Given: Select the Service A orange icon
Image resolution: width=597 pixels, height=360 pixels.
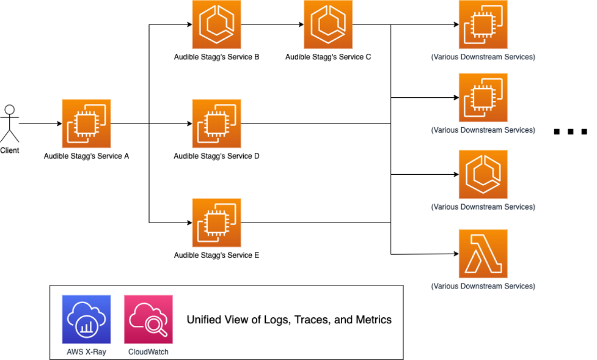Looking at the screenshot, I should pos(86,124).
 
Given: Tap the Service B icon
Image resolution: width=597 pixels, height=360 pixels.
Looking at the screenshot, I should pos(216,25).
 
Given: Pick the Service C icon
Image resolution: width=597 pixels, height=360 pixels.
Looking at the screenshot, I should pos(328,25).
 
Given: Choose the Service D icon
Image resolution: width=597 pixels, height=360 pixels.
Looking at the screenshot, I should pos(216,124).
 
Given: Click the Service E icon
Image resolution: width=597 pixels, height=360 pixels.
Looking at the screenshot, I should pos(216,223).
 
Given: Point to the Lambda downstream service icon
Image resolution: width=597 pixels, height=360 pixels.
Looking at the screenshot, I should pos(483,254).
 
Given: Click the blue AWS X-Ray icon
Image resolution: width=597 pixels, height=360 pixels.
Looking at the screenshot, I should pos(86,319).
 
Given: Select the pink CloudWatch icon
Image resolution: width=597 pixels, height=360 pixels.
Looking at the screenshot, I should pos(148,319).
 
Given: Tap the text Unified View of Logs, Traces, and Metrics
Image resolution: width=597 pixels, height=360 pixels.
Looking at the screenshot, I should pos(288,320).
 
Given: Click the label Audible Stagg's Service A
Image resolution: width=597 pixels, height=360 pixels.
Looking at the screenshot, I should pos(86,156).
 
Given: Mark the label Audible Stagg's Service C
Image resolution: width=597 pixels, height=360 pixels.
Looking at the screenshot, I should pos(328,57).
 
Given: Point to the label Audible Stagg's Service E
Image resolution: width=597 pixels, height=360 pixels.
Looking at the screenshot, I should pos(216,255).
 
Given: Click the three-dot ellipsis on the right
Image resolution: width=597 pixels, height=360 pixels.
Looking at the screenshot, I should pos(570,131).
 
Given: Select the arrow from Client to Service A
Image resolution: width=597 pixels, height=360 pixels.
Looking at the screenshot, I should pos(40,124).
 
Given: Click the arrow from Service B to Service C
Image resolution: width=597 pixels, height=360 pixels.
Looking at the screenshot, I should pos(272,25).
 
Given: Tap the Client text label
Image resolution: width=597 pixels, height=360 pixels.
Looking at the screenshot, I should pos(9,150).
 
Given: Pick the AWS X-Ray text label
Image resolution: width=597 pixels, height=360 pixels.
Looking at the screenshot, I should pos(86,351).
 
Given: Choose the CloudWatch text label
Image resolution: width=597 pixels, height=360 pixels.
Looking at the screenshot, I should pos(148,351).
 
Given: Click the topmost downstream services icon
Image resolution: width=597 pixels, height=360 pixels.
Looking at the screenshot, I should pos(483,25).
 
